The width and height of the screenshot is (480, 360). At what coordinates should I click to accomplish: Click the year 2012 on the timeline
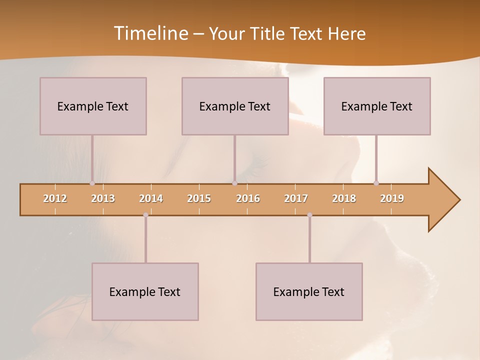[55, 198]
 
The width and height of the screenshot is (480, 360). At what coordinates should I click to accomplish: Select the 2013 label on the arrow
[103, 198]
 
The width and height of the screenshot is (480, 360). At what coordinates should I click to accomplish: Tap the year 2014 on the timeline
[151, 198]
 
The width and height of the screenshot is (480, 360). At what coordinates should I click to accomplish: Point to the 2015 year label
[199, 198]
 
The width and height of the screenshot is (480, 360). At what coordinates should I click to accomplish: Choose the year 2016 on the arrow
[248, 198]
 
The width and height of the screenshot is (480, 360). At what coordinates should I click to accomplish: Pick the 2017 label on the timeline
[296, 198]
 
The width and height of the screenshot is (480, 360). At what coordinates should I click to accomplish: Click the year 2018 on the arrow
[344, 198]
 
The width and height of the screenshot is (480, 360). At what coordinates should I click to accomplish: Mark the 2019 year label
[392, 198]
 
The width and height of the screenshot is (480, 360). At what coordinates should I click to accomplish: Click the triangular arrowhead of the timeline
[443, 200]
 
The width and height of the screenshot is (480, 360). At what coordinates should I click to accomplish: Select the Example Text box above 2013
[93, 106]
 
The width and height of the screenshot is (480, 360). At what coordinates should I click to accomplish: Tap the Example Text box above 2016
[235, 106]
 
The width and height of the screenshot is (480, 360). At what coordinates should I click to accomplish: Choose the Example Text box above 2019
[377, 106]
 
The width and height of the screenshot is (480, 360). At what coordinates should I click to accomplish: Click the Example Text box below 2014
[145, 291]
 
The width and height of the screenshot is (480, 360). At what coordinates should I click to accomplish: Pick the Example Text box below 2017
[309, 291]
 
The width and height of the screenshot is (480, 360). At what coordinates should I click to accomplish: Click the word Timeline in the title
[150, 33]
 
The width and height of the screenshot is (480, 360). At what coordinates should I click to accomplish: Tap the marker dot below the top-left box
[92, 183]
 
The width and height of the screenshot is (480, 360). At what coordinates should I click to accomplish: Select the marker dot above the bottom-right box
[309, 215]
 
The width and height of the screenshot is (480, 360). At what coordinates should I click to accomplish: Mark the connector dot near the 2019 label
[376, 183]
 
